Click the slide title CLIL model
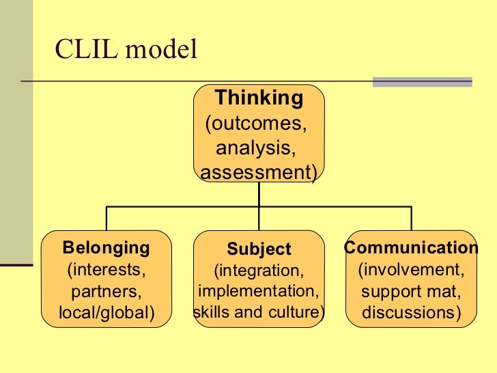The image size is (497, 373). pyautogui.click(x=126, y=49)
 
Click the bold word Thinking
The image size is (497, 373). pyautogui.click(x=259, y=98)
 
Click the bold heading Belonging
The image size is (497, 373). pyautogui.click(x=106, y=247)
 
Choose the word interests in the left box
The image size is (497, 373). pyautogui.click(x=106, y=269)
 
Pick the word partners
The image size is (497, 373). pyautogui.click(x=106, y=292)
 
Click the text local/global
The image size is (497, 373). pyautogui.click(x=106, y=314)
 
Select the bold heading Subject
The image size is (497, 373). pyautogui.click(x=259, y=249)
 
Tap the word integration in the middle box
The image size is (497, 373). pyautogui.click(x=259, y=271)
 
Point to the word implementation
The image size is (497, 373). pyautogui.click(x=259, y=292)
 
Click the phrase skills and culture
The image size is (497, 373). pyautogui.click(x=259, y=313)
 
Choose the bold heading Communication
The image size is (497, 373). pyautogui.click(x=411, y=247)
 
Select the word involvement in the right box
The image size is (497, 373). pyautogui.click(x=411, y=269)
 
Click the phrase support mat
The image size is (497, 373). pyautogui.click(x=411, y=292)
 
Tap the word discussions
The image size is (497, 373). pyautogui.click(x=411, y=314)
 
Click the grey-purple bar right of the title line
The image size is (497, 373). pyautogui.click(x=422, y=82)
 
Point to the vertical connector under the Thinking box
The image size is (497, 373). pyautogui.click(x=259, y=195)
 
